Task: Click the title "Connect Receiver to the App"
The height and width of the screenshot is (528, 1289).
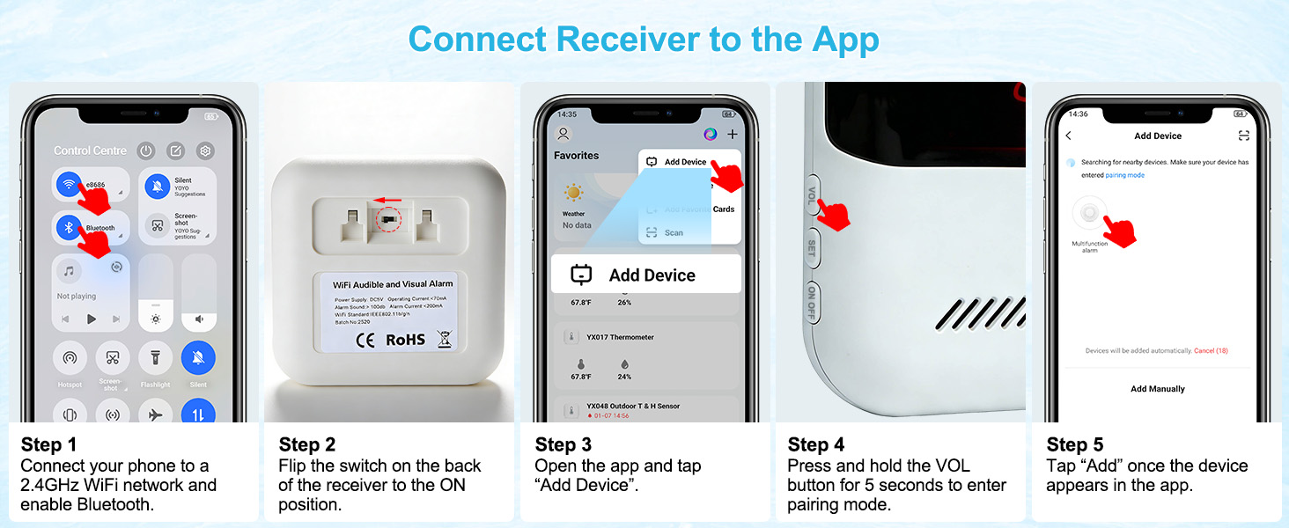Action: pyautogui.click(x=644, y=40)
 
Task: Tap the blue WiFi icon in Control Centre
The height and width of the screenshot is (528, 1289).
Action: pyautogui.click(x=69, y=185)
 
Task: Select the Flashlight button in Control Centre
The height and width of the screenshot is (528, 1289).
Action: pyautogui.click(x=155, y=358)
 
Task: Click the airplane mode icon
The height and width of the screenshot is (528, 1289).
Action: pyautogui.click(x=155, y=414)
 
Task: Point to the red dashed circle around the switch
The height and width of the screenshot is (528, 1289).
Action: pyautogui.click(x=388, y=220)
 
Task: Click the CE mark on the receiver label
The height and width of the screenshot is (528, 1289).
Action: pyautogui.click(x=365, y=339)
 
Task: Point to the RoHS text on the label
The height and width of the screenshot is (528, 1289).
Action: pyautogui.click(x=405, y=339)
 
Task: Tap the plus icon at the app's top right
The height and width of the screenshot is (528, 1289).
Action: pyautogui.click(x=732, y=135)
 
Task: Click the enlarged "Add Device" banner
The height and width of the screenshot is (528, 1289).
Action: pyautogui.click(x=645, y=275)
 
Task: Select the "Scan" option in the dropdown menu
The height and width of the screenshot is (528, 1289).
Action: pyautogui.click(x=674, y=233)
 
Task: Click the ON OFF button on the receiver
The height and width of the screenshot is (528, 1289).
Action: pyautogui.click(x=812, y=302)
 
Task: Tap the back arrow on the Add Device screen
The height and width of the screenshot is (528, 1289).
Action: pyautogui.click(x=1069, y=136)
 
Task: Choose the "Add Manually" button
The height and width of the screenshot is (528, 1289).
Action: pyautogui.click(x=1157, y=388)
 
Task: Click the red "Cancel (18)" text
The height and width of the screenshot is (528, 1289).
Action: pyautogui.click(x=1211, y=350)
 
